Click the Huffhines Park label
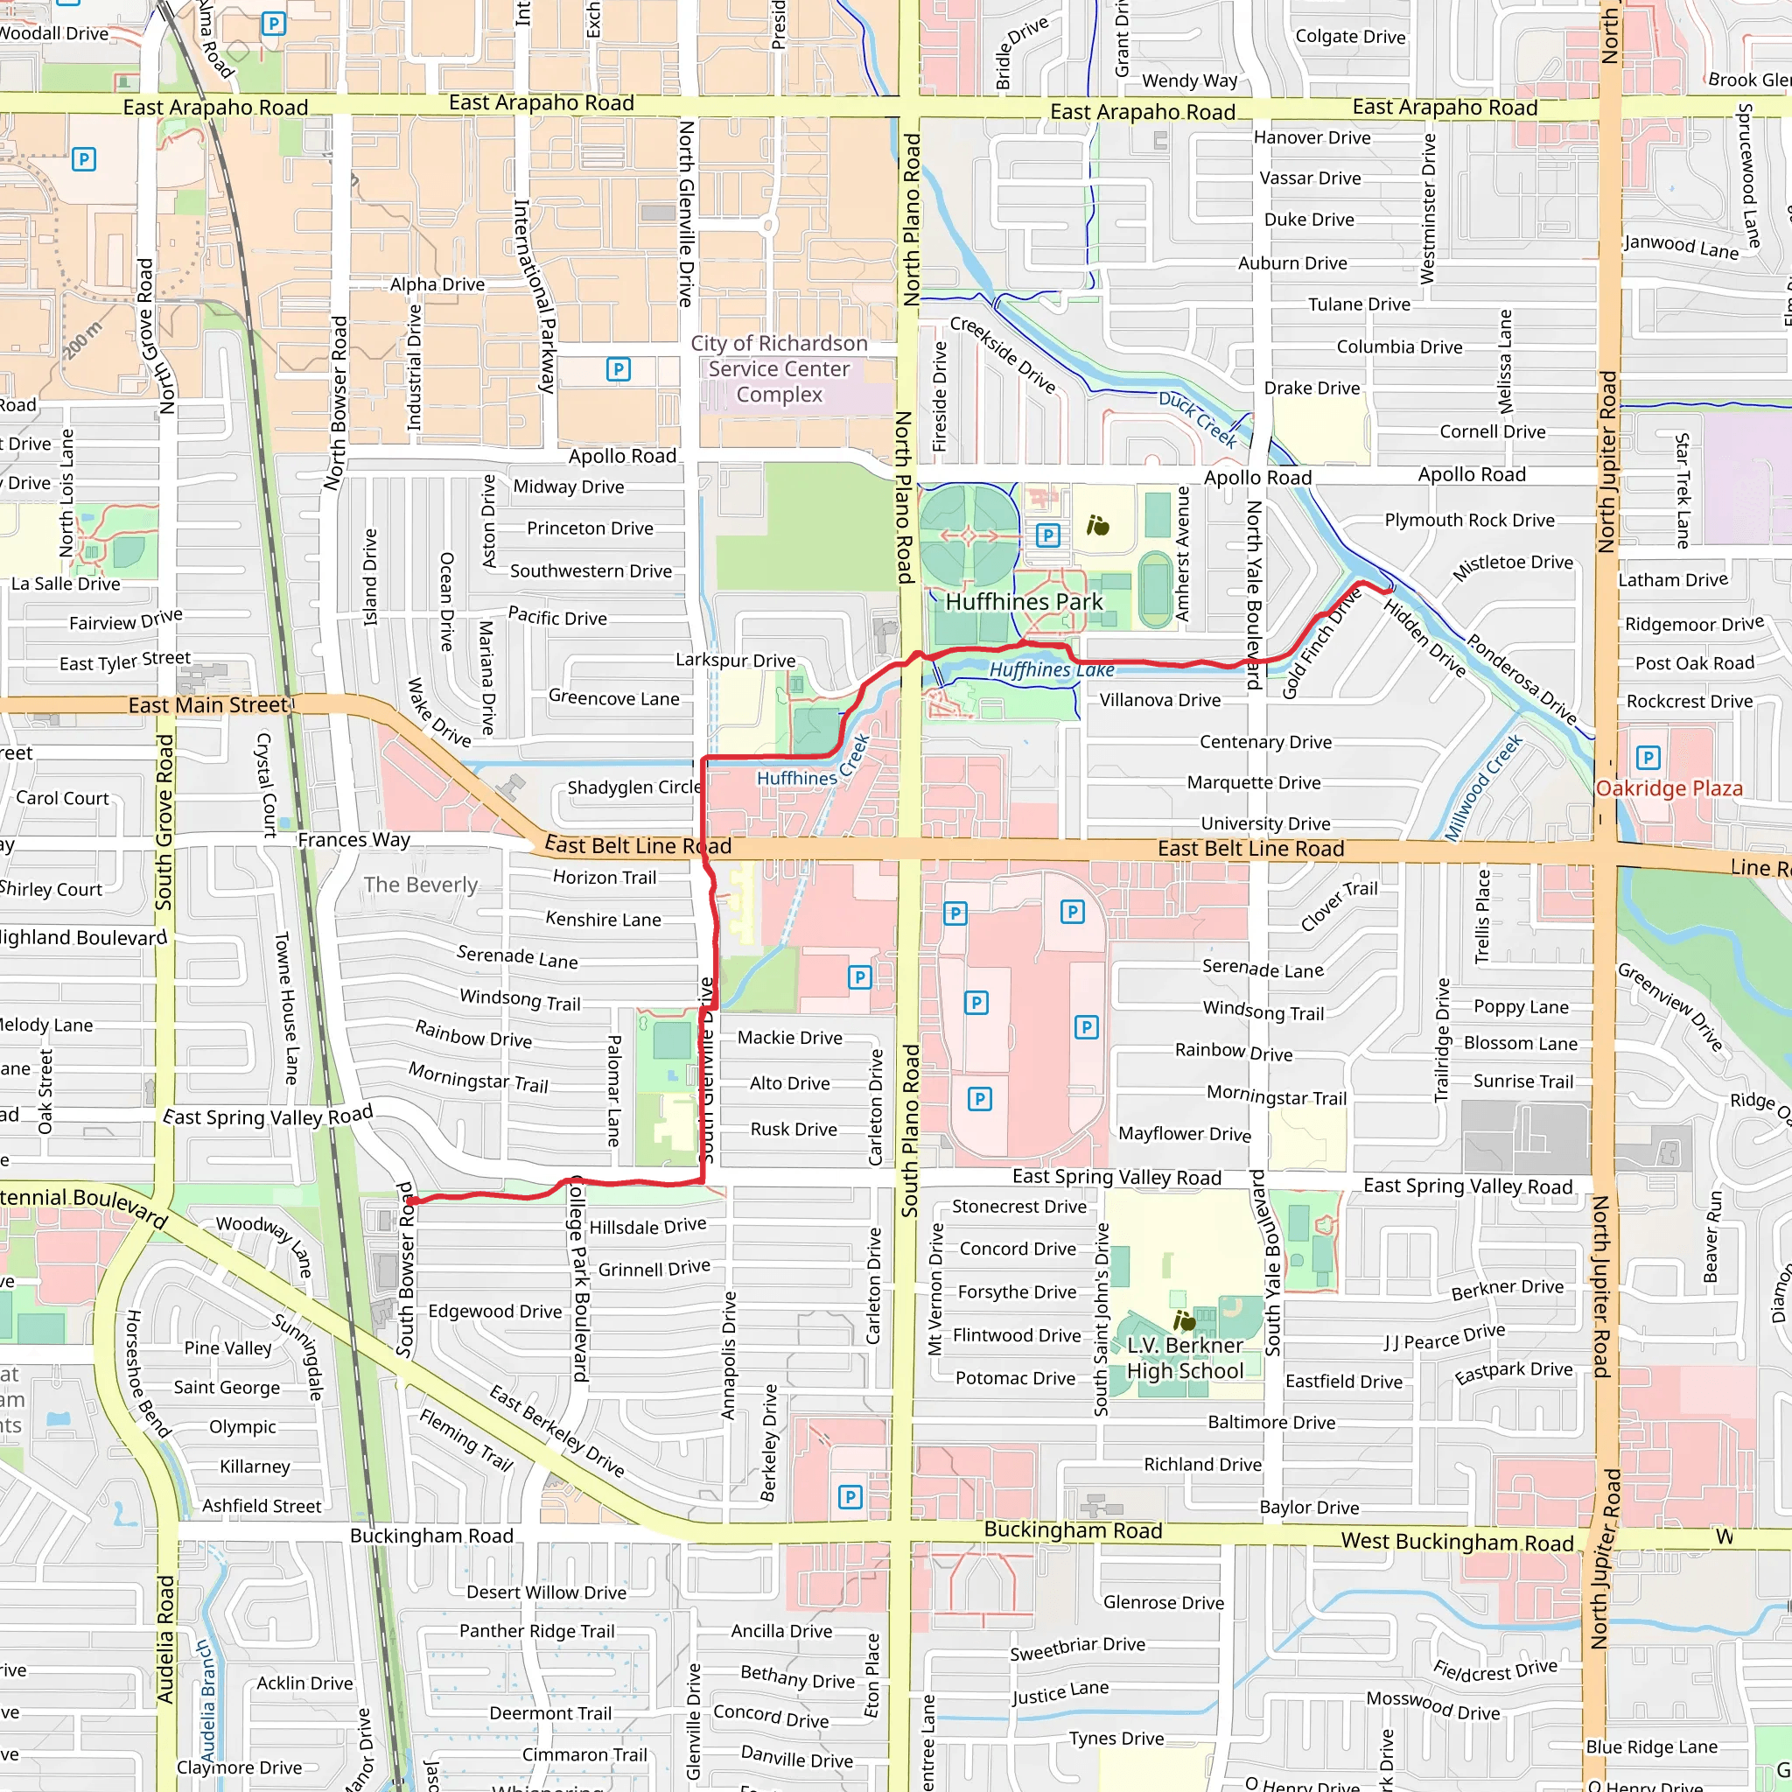coord(1024,602)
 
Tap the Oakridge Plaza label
coord(1669,788)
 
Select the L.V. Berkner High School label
coord(1185,1358)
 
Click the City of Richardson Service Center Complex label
coord(779,369)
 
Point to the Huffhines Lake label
coord(1051,669)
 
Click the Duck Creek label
coord(1198,419)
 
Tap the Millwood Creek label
coord(1483,787)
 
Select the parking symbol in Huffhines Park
coord(1047,535)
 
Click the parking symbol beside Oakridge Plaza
coord(1648,758)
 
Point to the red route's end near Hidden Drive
coord(1389,590)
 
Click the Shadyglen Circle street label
coord(634,787)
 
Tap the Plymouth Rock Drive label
coord(1469,521)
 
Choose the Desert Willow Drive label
coord(546,1592)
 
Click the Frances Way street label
coord(353,840)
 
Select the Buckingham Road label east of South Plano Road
coord(1072,1530)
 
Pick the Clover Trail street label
coord(1339,906)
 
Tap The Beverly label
coord(420,885)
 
